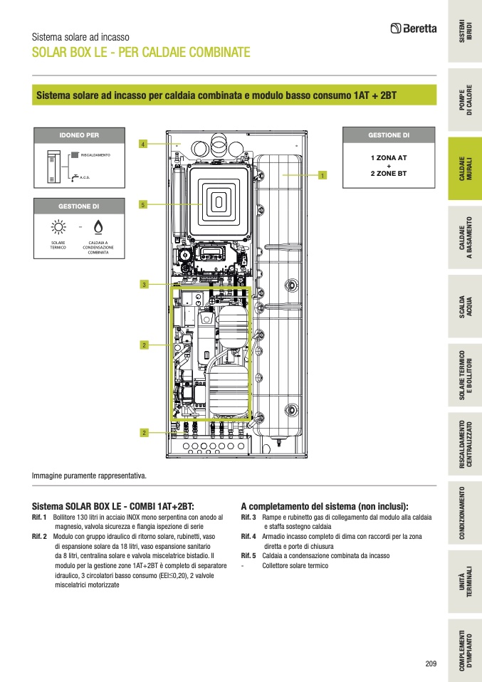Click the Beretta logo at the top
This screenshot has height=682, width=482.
(x=413, y=28)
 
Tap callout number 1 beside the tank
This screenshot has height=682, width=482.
(x=323, y=174)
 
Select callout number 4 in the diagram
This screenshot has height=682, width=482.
(x=142, y=145)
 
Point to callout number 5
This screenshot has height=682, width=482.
(x=142, y=205)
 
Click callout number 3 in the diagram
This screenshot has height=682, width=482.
(x=143, y=285)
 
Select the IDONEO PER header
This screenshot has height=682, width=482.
(x=78, y=134)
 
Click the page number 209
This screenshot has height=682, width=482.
(x=431, y=663)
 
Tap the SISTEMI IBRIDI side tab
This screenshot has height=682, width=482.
(x=465, y=33)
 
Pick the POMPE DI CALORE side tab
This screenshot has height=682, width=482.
(x=465, y=103)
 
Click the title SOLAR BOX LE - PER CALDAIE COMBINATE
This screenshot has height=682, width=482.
(x=140, y=53)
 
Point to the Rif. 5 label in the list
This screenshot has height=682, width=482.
(x=248, y=555)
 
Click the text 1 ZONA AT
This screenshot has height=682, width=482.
(x=389, y=157)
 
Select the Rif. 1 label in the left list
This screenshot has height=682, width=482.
(x=39, y=517)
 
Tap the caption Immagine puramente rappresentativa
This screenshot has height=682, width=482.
(x=89, y=475)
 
